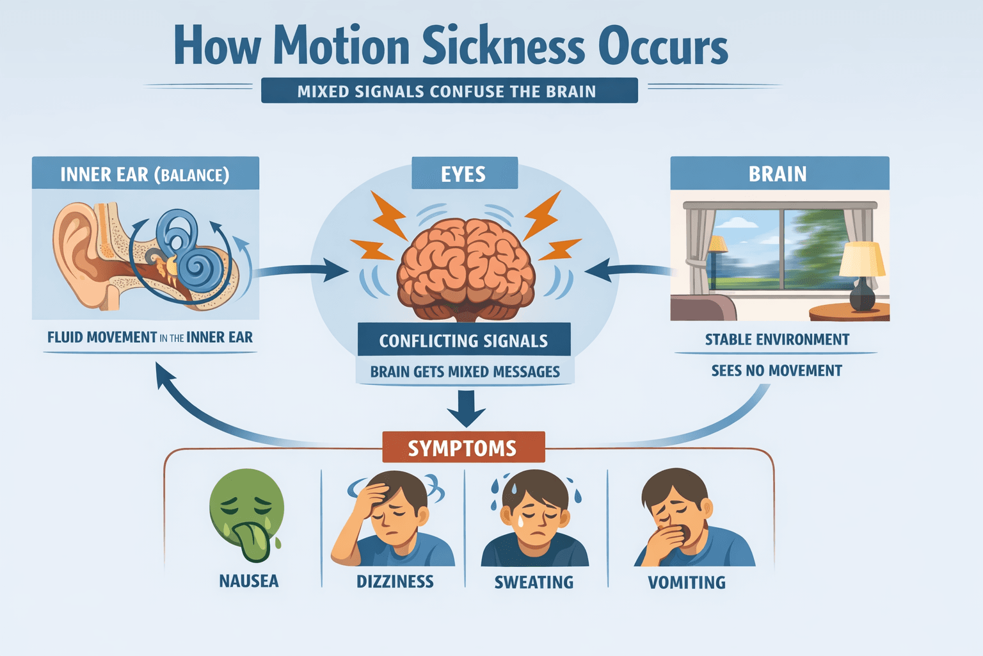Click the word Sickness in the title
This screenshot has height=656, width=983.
[504, 45]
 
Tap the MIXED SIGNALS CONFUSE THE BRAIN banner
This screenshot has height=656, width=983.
[449, 90]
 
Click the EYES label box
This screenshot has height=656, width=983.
[464, 173]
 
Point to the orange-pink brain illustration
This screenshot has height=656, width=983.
[466, 269]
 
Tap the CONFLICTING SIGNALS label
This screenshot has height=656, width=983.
[464, 340]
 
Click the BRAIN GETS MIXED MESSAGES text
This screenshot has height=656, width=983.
[465, 372]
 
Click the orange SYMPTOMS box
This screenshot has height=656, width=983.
[463, 447]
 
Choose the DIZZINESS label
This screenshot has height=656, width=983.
[395, 581]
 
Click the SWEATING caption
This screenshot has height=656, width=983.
[534, 582]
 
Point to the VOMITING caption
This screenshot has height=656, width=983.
[687, 582]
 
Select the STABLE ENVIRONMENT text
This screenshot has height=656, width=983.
[777, 339]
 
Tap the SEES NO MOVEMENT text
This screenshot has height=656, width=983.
[777, 370]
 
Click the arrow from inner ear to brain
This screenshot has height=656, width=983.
[301, 269]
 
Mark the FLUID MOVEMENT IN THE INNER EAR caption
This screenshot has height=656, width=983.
[150, 337]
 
